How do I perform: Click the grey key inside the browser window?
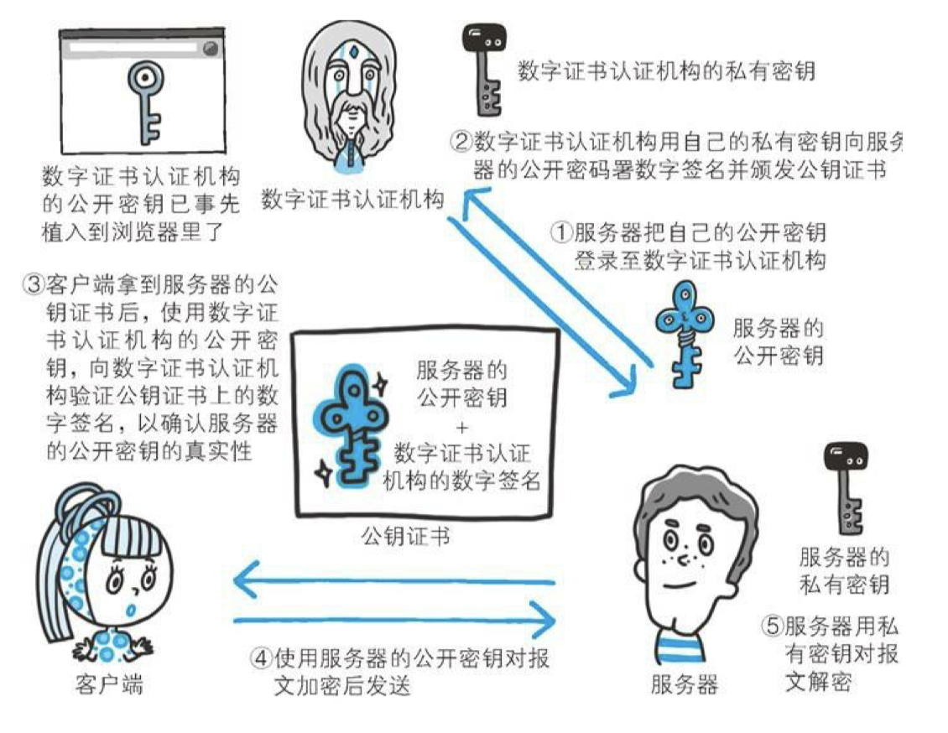tap(145, 101)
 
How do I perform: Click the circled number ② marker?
tap(461, 140)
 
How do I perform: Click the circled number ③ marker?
tap(33, 283)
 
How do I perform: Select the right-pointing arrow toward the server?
tap(394, 621)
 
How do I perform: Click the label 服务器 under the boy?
tap(684, 685)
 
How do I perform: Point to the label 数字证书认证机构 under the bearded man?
tap(353, 200)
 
